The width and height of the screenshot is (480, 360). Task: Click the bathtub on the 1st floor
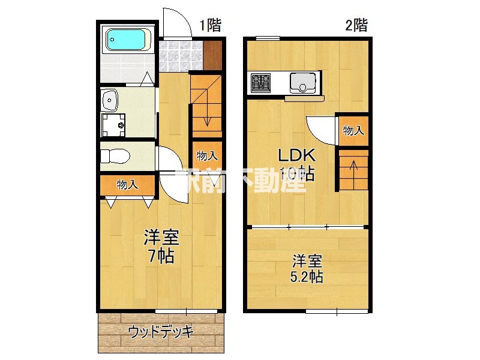coord(127,41)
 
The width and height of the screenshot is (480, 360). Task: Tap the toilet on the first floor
coord(115,157)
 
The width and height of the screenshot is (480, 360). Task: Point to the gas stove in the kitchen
coord(261,82)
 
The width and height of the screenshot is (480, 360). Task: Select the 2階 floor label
coord(356,25)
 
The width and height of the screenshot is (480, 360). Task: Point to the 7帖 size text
coord(161,256)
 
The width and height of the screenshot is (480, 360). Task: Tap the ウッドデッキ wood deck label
coord(160,331)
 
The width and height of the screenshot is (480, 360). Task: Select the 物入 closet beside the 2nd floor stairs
coord(353,130)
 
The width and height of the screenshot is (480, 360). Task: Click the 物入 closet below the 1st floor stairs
coord(207,156)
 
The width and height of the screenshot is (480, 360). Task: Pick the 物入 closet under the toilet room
coord(127,185)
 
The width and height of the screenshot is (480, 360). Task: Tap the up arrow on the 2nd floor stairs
coord(353,166)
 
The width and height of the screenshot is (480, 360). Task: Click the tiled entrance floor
coord(182,55)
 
